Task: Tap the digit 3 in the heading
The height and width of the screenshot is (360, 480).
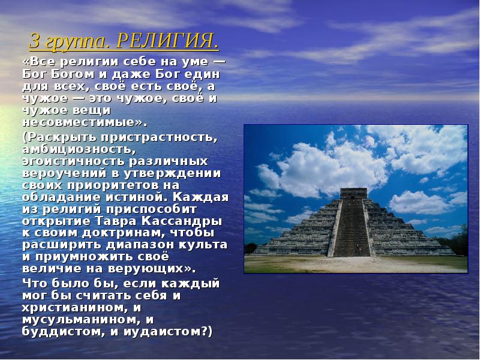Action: click(x=35, y=43)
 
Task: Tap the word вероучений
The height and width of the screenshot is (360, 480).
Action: click(x=60, y=173)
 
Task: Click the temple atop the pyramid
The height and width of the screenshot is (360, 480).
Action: click(x=353, y=193)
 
